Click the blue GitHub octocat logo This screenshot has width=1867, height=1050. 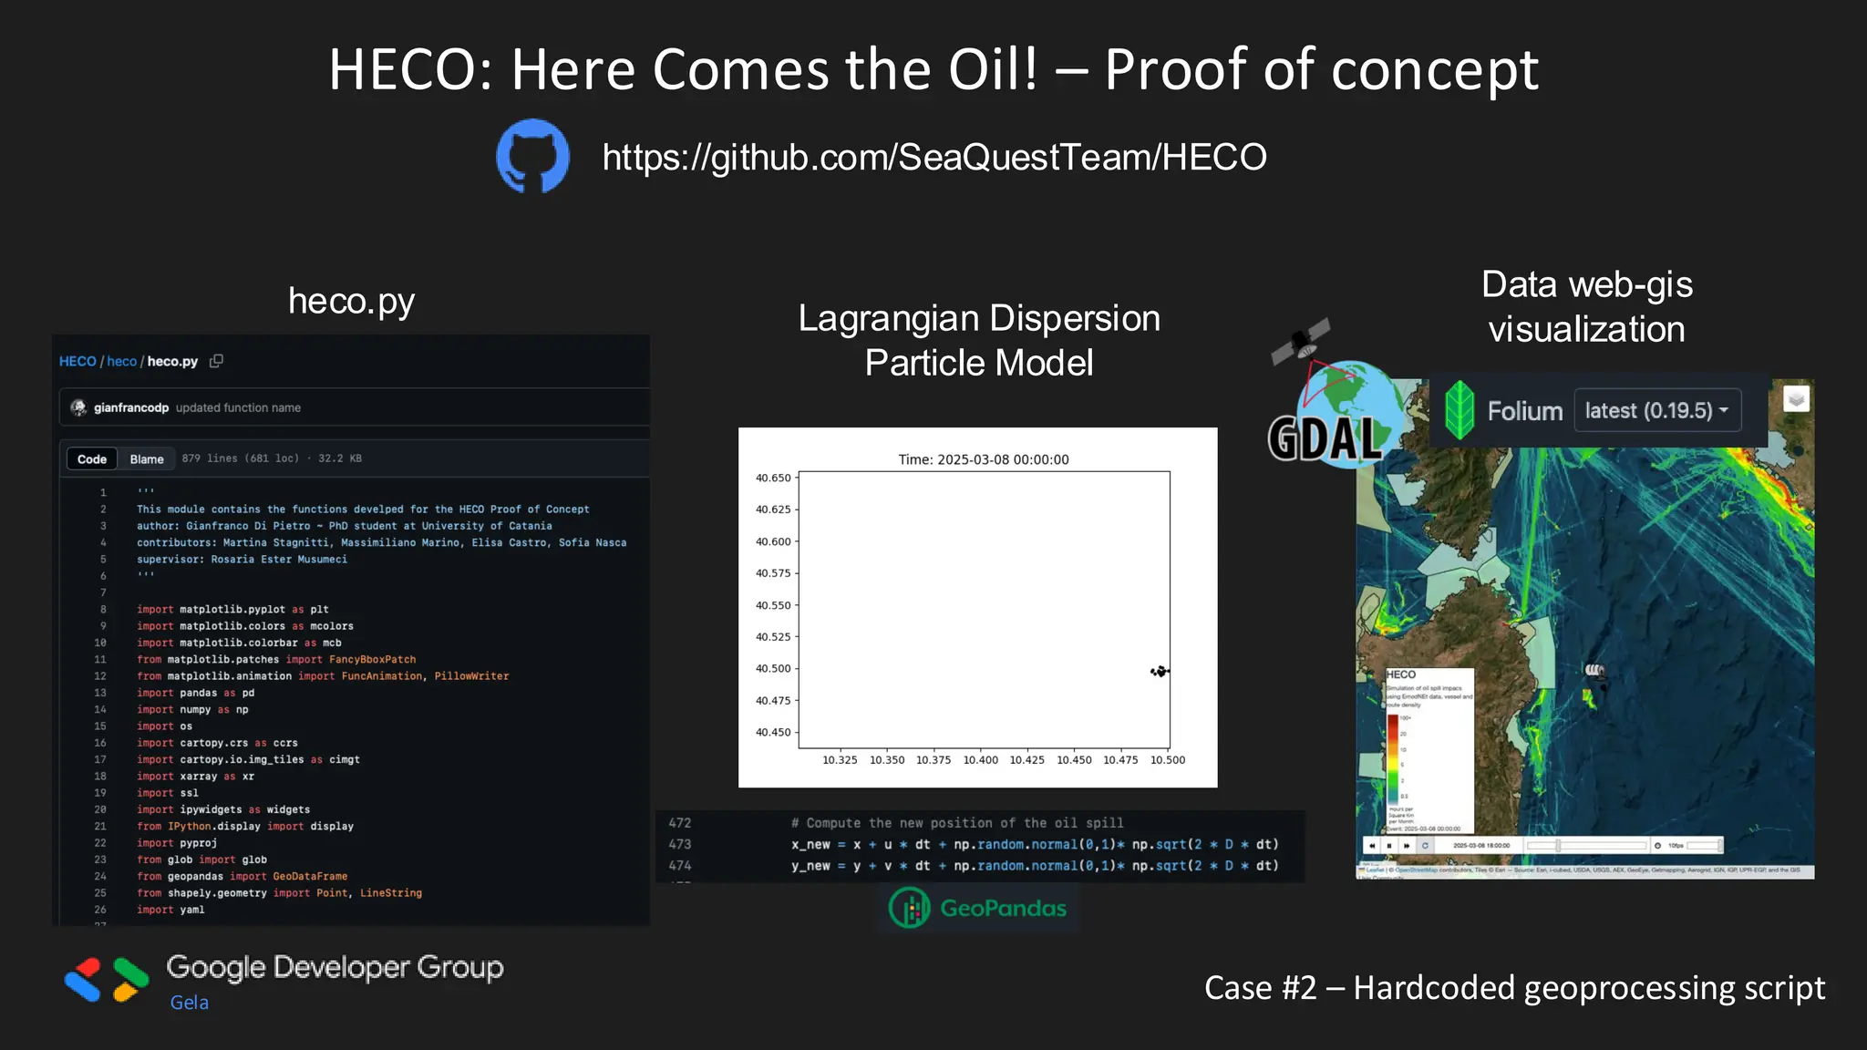click(532, 156)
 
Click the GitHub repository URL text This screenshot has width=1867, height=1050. click(934, 157)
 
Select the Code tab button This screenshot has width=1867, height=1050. click(91, 458)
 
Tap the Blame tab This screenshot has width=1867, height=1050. click(147, 458)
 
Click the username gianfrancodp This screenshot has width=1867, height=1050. click(131, 407)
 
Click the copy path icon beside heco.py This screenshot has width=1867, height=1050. click(216, 361)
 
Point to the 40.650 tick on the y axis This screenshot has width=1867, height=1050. click(773, 478)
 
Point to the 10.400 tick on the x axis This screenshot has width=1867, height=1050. click(981, 759)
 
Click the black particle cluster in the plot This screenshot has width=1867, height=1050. click(1160, 672)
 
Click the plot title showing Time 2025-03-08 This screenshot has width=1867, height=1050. click(983, 459)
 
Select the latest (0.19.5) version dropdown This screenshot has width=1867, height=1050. click(1656, 410)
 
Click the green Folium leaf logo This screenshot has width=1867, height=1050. click(1460, 410)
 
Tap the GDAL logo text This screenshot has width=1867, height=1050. click(1325, 438)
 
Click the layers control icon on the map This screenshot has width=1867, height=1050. click(1795, 399)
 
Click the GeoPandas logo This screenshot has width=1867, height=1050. click(978, 908)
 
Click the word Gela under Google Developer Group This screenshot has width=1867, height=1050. click(190, 1003)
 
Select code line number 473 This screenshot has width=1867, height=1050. click(680, 844)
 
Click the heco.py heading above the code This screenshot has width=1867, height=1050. click(351, 301)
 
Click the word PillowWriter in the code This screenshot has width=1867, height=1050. click(471, 676)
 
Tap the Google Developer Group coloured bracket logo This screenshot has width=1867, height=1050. click(107, 980)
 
